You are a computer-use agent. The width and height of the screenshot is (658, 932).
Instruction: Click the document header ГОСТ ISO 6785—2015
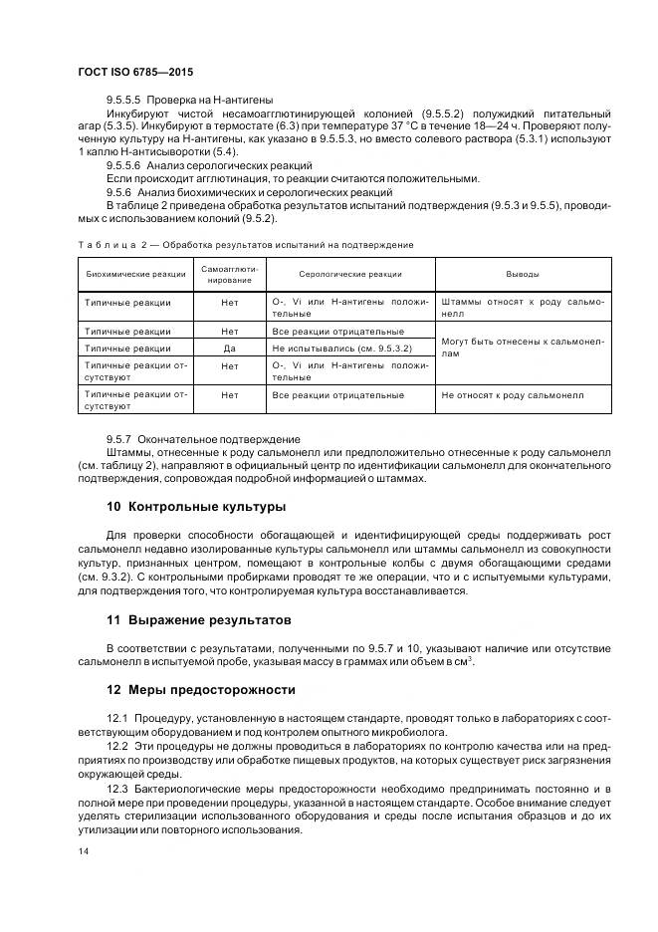tap(135, 72)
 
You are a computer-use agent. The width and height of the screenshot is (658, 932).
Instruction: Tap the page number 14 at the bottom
tap(84, 852)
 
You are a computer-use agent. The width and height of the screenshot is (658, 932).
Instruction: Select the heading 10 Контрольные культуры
tap(195, 507)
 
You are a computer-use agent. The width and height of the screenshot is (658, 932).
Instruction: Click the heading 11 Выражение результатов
tap(198, 619)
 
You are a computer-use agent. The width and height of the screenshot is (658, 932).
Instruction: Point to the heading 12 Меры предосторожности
tap(201, 689)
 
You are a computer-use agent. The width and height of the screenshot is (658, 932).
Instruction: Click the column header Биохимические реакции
tap(136, 274)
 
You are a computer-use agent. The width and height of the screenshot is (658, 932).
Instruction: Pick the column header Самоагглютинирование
tap(230, 274)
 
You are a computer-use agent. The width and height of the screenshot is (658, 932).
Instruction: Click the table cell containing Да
tap(230, 349)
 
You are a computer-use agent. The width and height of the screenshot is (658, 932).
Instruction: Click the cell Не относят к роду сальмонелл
tap(512, 395)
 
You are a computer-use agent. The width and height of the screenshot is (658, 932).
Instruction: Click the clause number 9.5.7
tap(119, 438)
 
